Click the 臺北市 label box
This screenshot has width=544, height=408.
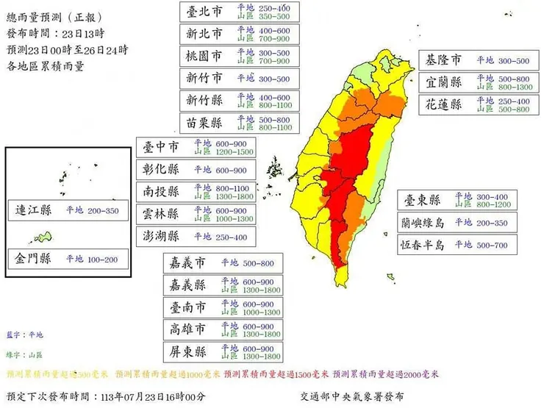click(206, 12)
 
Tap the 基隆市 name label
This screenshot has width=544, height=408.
click(445, 60)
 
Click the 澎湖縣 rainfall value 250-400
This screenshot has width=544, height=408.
click(232, 236)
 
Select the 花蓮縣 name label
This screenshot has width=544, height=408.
click(445, 104)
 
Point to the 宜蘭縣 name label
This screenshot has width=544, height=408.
click(445, 82)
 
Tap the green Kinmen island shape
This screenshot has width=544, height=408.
click(42, 237)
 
